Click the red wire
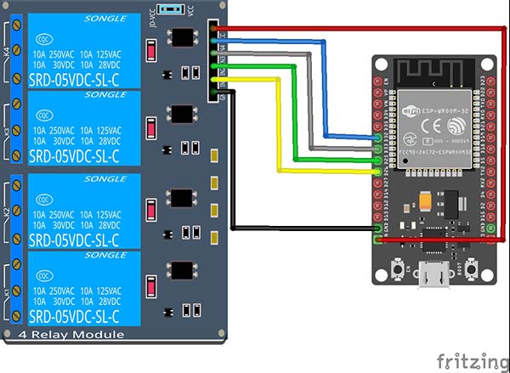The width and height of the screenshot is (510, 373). pyautogui.click(x=357, y=28)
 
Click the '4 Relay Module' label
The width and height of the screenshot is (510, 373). pyautogui.click(x=77, y=334)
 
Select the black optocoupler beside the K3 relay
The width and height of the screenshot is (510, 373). pyautogui.click(x=182, y=114)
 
